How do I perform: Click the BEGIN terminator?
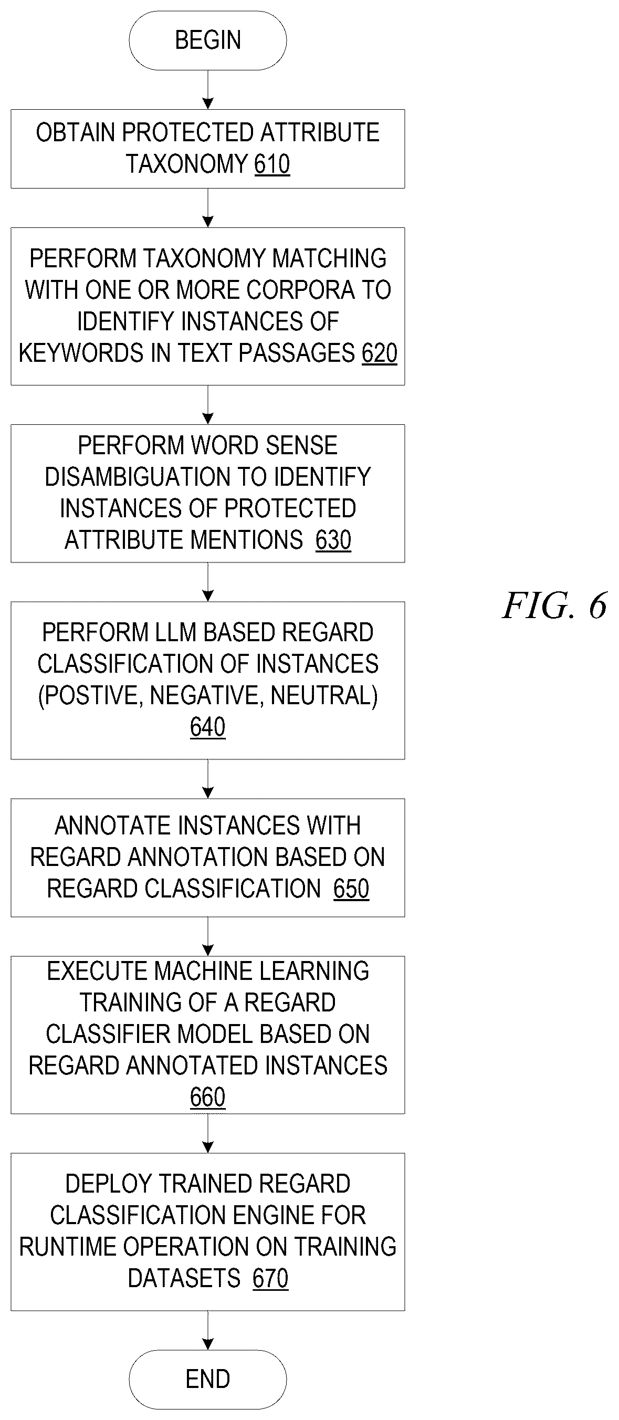[x=207, y=40]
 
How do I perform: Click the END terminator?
[x=207, y=1379]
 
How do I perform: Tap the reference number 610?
[x=272, y=164]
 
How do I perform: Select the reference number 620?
[x=379, y=353]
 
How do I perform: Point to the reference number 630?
[x=333, y=540]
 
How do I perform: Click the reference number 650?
[x=351, y=889]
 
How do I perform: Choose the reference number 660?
[x=208, y=1097]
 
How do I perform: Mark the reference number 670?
[x=270, y=1278]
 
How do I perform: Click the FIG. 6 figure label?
[x=554, y=605]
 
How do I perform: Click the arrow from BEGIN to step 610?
[x=208, y=90]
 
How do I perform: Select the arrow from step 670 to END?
[x=208, y=1330]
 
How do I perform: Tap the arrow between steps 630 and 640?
[x=208, y=582]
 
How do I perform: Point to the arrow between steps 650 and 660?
[x=208, y=936]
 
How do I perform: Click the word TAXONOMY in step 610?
[x=187, y=164]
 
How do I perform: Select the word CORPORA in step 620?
[x=300, y=290]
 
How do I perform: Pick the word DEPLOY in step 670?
[x=101, y=1184]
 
